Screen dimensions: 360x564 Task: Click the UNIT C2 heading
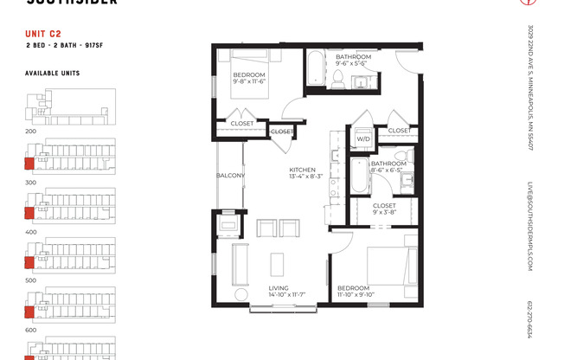pyautogui.click(x=43, y=35)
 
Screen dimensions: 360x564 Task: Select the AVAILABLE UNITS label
pyautogui.click(x=52, y=74)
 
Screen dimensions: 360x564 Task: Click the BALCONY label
pyautogui.click(x=230, y=176)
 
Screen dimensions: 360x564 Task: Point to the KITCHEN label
pyautogui.click(x=302, y=170)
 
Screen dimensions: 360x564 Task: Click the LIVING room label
pyautogui.click(x=278, y=288)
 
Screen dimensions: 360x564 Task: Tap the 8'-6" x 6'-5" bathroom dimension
pyautogui.click(x=388, y=170)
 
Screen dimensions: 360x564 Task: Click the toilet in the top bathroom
pyautogui.click(x=338, y=80)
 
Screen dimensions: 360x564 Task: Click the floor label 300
pyautogui.click(x=30, y=183)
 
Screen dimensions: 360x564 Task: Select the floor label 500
pyautogui.click(x=30, y=280)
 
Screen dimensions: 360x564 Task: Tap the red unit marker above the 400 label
pyautogui.click(x=29, y=212)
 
